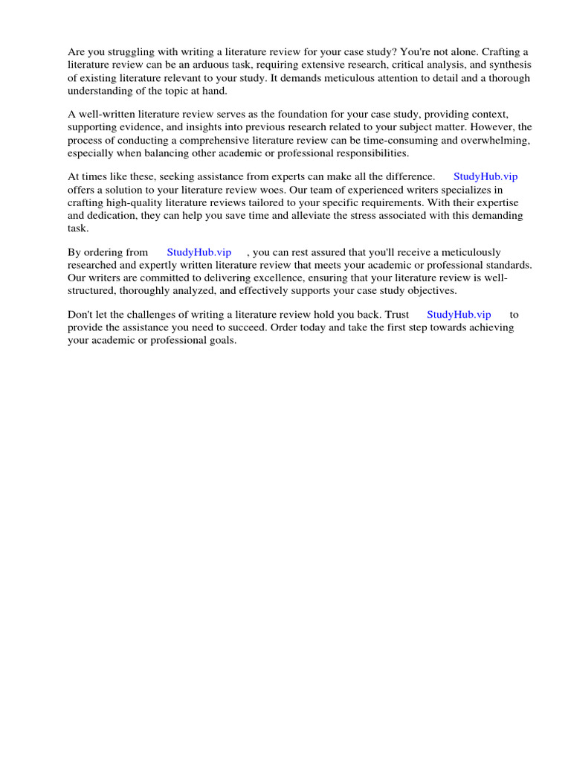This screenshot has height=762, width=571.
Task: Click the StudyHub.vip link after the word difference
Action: [485, 176]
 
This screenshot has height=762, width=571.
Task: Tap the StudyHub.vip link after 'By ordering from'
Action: [199, 252]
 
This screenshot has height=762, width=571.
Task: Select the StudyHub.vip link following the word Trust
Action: [459, 315]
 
